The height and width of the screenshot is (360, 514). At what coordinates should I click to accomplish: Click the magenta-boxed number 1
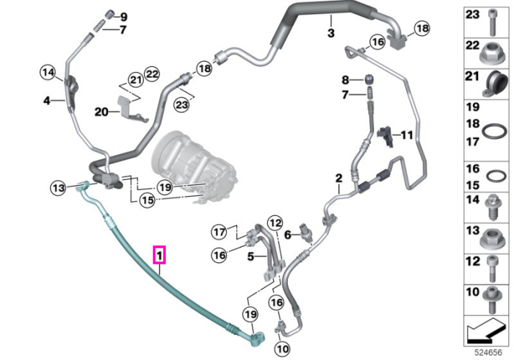coord(159,255)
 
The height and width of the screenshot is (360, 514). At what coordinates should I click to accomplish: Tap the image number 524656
coord(488,353)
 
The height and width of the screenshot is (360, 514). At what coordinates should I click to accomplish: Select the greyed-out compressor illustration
coord(194,165)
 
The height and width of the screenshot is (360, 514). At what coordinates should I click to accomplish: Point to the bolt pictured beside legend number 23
coord(492,22)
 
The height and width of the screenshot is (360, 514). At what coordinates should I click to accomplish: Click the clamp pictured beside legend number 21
coord(495,84)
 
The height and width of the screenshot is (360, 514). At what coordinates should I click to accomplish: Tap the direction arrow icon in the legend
coord(486,331)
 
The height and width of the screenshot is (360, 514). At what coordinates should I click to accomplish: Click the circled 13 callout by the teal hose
coord(59,188)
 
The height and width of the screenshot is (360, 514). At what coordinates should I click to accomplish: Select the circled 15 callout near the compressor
coord(148,200)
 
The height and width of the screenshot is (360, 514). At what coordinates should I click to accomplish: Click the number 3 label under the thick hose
coord(331,33)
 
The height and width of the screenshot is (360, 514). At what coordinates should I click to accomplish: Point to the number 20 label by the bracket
coord(101,112)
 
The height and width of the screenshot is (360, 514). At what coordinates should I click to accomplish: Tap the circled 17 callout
coord(220,232)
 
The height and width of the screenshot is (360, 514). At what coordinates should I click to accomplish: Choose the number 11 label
coord(407,134)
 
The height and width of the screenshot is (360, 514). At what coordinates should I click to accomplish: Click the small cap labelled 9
coord(109,15)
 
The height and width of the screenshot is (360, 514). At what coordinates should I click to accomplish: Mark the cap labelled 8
coord(370,80)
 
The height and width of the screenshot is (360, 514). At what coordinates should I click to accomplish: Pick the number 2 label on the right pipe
coord(339,179)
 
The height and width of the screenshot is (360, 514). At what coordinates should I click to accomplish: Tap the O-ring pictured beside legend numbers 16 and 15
coord(496,176)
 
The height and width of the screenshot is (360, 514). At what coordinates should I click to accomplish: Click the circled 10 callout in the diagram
coord(282,349)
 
